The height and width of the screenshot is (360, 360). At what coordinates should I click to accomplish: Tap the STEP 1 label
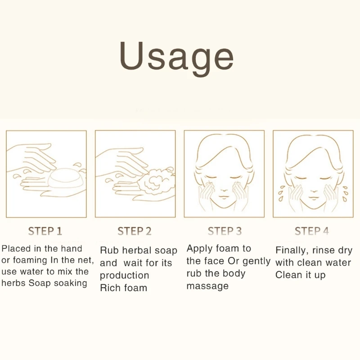coord(45,231)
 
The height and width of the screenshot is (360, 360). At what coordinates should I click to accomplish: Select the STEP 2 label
coord(135,231)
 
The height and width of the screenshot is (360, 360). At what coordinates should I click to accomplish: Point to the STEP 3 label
coord(225,231)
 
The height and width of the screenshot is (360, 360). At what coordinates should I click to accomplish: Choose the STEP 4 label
coord(312,231)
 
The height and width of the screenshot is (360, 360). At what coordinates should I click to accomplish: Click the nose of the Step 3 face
coord(224,188)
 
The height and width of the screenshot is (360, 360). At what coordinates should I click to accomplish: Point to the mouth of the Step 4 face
coord(313,198)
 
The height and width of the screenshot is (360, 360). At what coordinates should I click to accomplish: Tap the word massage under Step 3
coord(207,286)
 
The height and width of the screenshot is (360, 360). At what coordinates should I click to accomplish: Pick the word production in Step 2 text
coord(125,275)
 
